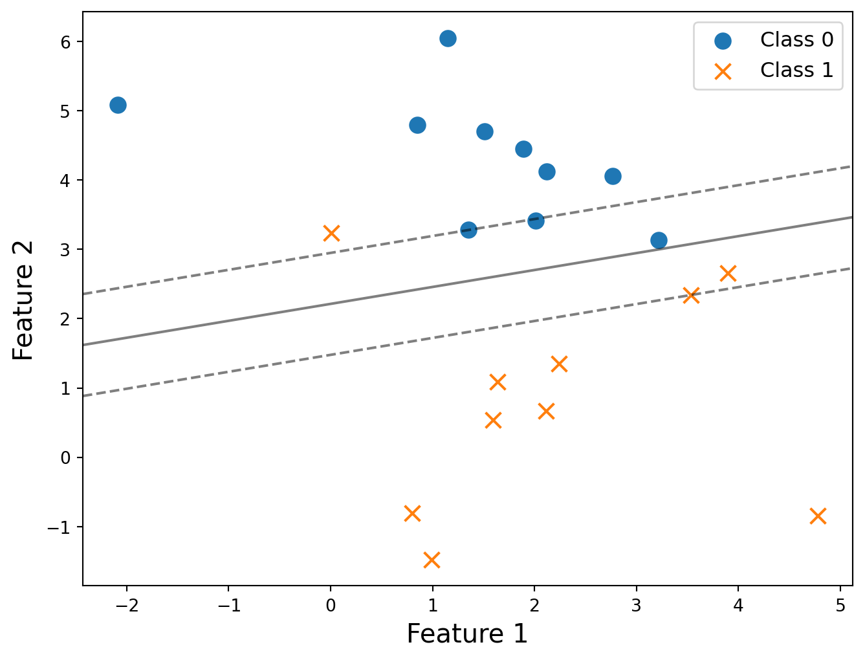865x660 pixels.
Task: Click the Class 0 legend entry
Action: (774, 40)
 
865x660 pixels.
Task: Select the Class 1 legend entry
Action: (774, 71)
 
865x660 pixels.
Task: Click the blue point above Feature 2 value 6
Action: (448, 39)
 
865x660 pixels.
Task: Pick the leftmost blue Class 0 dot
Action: (118, 105)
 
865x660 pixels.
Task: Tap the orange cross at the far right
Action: (818, 516)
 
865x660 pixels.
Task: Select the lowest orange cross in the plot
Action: (432, 560)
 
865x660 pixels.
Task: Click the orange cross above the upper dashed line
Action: (331, 234)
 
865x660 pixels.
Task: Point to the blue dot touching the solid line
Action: (659, 240)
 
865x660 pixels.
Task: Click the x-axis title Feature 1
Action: (467, 634)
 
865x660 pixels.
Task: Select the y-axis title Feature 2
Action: (23, 300)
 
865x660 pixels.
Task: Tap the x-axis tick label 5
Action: (840, 605)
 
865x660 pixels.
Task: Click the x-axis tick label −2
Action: (127, 605)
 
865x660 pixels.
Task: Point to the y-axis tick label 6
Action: (65, 42)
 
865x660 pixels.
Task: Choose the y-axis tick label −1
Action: (59, 527)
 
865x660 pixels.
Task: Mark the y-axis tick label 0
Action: (65, 458)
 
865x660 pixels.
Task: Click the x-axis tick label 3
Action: (636, 605)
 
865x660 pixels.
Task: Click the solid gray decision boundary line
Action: (468, 281)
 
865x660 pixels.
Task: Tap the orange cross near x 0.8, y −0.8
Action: (412, 513)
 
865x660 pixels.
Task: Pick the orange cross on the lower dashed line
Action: (691, 296)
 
